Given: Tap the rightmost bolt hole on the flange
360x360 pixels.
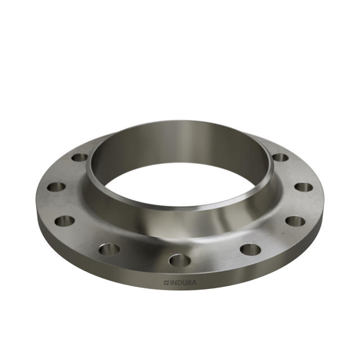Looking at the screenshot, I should (303, 187).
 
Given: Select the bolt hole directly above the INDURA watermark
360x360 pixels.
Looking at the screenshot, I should (179, 260).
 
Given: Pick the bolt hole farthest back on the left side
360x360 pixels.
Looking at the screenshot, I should (80, 157).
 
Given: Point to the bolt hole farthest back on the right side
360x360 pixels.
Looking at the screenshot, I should (280, 157).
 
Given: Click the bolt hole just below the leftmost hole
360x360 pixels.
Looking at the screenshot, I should (65, 220).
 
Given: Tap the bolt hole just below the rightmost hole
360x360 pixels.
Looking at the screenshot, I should (295, 221).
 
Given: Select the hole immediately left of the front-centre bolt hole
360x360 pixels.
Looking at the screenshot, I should (110, 249).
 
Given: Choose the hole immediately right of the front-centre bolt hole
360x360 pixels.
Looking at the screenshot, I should (250, 249).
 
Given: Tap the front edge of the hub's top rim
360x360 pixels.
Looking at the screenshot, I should (180, 208).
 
